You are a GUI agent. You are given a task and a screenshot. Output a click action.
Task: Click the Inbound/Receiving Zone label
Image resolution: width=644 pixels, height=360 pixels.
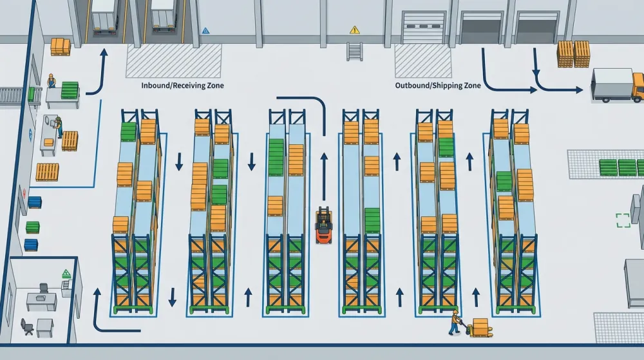click(182, 86)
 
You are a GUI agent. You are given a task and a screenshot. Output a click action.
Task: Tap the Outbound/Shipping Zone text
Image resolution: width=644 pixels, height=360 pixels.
click(438, 86)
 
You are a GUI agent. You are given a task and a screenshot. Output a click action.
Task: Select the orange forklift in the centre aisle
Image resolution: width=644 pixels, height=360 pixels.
click(324, 225)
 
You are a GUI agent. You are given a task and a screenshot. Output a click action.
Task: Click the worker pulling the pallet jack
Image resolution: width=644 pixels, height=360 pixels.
click(454, 323)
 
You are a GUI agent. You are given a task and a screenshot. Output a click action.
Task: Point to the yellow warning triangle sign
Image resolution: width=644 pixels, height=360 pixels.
click(354, 30)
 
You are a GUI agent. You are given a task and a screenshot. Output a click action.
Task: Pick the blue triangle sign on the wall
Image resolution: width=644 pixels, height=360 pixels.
click(206, 31)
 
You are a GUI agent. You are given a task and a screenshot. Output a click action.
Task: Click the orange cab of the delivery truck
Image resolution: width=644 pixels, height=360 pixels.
click(638, 86)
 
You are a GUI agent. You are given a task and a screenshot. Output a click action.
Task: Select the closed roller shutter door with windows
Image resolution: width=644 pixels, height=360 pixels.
click(423, 27)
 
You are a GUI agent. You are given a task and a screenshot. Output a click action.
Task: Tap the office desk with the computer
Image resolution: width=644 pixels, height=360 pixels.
click(42, 301)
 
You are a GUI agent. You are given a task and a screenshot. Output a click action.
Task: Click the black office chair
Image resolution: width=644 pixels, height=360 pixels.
click(27, 327)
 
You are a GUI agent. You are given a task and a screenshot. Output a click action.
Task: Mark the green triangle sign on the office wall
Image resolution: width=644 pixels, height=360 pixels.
click(66, 274)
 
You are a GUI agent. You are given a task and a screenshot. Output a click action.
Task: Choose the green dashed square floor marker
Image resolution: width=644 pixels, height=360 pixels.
click(623, 220)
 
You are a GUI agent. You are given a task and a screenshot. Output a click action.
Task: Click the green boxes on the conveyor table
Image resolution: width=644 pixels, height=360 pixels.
click(70, 90)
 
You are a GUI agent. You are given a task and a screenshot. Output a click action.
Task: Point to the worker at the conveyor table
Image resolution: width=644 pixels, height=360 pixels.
click(52, 81)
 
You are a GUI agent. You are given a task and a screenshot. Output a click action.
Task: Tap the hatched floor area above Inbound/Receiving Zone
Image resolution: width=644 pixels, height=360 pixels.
click(174, 61)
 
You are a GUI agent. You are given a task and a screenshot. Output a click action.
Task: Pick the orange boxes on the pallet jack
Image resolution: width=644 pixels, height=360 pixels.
click(480, 326)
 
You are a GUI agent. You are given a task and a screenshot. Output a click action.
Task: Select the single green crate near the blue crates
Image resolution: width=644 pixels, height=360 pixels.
click(33, 227)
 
